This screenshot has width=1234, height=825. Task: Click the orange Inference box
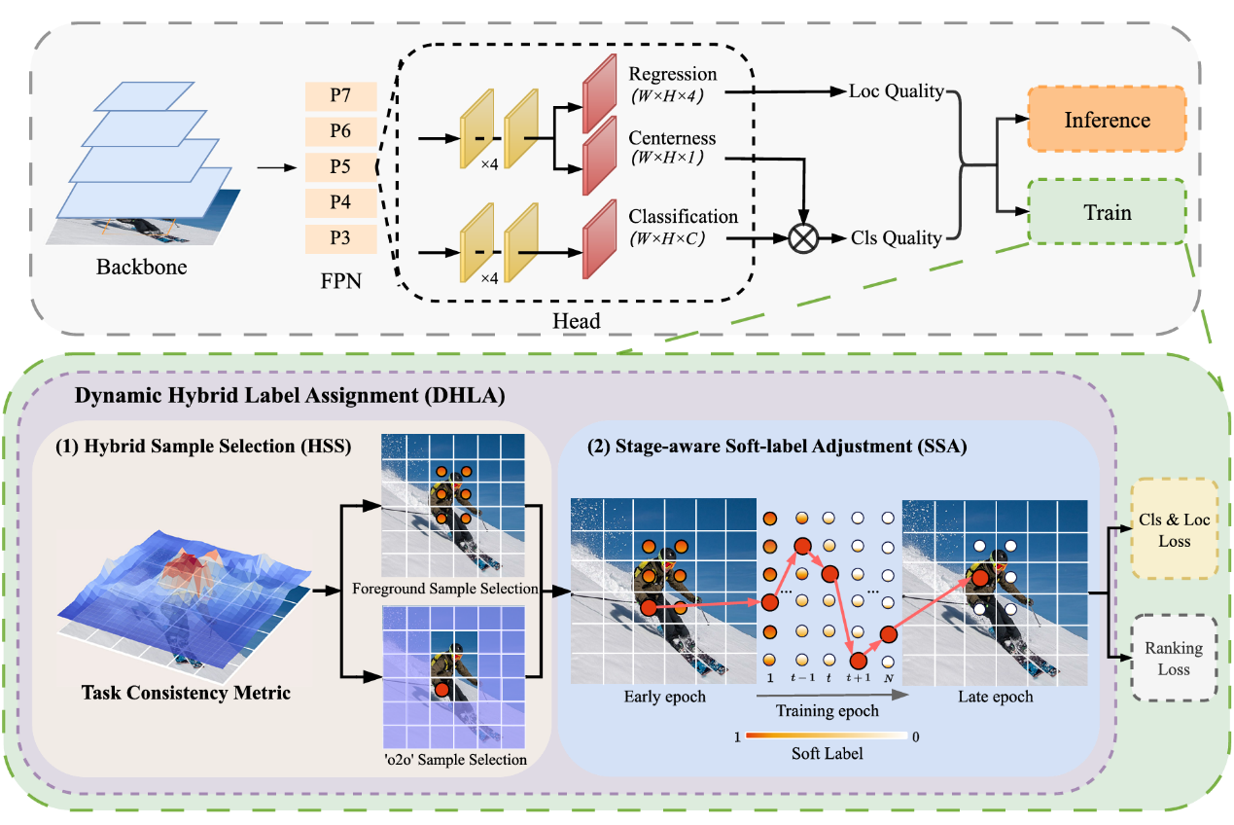point(1107,119)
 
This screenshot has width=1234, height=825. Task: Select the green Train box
point(1107,212)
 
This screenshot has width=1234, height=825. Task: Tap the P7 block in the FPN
point(340,96)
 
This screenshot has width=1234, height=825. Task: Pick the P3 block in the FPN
point(340,238)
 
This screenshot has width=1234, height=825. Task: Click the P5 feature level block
point(340,167)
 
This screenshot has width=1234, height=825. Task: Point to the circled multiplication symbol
point(803,238)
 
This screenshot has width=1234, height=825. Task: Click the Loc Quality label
point(897,90)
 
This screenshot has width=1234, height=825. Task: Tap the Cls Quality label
point(897,237)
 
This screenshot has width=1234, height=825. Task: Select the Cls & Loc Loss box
point(1174,529)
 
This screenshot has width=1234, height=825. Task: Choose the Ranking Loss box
point(1174,658)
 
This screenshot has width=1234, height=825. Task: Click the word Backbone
point(142,267)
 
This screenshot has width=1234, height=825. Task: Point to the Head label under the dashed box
point(577,321)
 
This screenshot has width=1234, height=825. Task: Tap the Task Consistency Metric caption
point(186,692)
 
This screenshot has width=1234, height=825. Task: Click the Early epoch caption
point(664,697)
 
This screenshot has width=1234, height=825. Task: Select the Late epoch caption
point(996,697)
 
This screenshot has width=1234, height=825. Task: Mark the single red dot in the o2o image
point(441,690)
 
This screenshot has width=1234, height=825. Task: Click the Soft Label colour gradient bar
point(827,735)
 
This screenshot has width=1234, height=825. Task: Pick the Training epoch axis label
point(827,711)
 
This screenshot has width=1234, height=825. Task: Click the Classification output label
point(683,217)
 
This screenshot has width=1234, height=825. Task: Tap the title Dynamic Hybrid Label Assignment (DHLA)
point(290,396)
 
